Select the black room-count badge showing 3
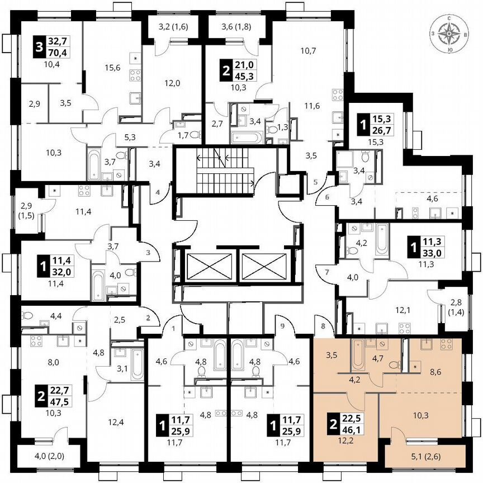point(39,46)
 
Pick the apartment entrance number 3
point(148,253)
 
